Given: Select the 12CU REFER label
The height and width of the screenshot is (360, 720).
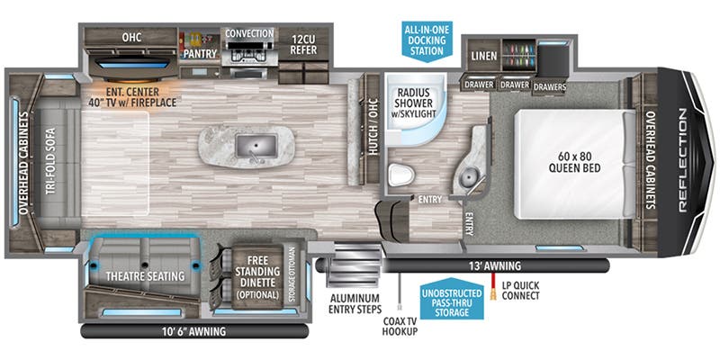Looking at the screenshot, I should click(x=303, y=46).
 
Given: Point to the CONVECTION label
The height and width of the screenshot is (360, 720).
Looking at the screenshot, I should click(x=249, y=33).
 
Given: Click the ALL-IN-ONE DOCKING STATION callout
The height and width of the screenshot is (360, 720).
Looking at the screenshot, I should click(x=427, y=40).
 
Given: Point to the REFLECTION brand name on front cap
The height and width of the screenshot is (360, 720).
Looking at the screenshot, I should click(x=680, y=159).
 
